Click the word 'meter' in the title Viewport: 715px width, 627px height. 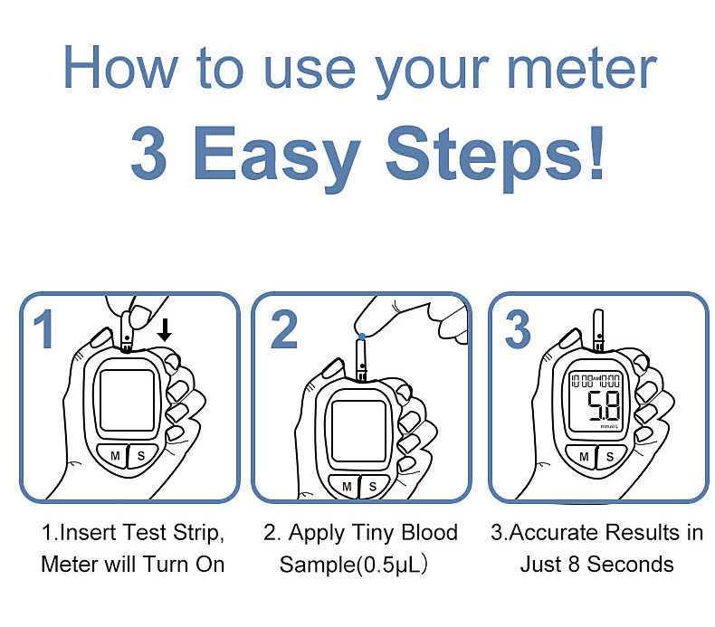[582, 69]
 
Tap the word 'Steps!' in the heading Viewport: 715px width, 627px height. [495, 155]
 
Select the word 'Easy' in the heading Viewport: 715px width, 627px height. [277, 157]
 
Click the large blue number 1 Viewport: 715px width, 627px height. [43, 329]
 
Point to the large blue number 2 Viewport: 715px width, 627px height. [283, 329]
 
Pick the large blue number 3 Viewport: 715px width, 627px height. [518, 329]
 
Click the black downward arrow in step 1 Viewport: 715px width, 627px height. [164, 330]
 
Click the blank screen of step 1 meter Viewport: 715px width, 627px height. [128, 400]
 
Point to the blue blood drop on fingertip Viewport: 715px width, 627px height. [362, 337]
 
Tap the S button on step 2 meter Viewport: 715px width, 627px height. [375, 487]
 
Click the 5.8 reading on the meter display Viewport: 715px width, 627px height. [603, 406]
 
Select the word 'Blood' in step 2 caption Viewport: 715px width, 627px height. [429, 533]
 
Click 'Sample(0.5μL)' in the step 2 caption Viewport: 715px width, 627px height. [353, 565]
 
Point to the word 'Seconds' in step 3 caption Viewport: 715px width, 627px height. [630, 565]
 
